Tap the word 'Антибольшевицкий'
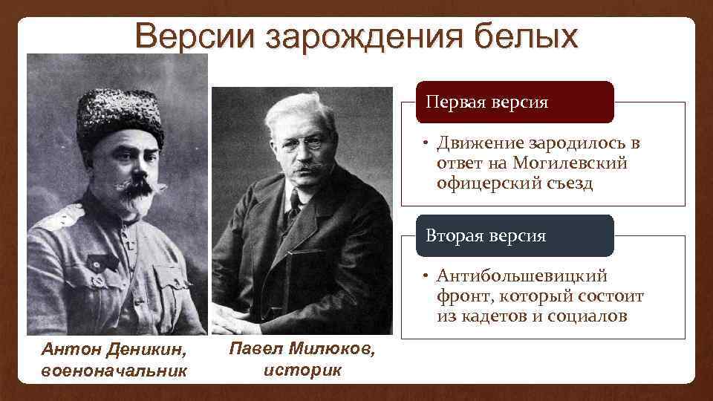(x=522, y=276)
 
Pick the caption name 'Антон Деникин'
(x=114, y=348)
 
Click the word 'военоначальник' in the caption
(x=114, y=369)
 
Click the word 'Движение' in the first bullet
(x=480, y=143)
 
